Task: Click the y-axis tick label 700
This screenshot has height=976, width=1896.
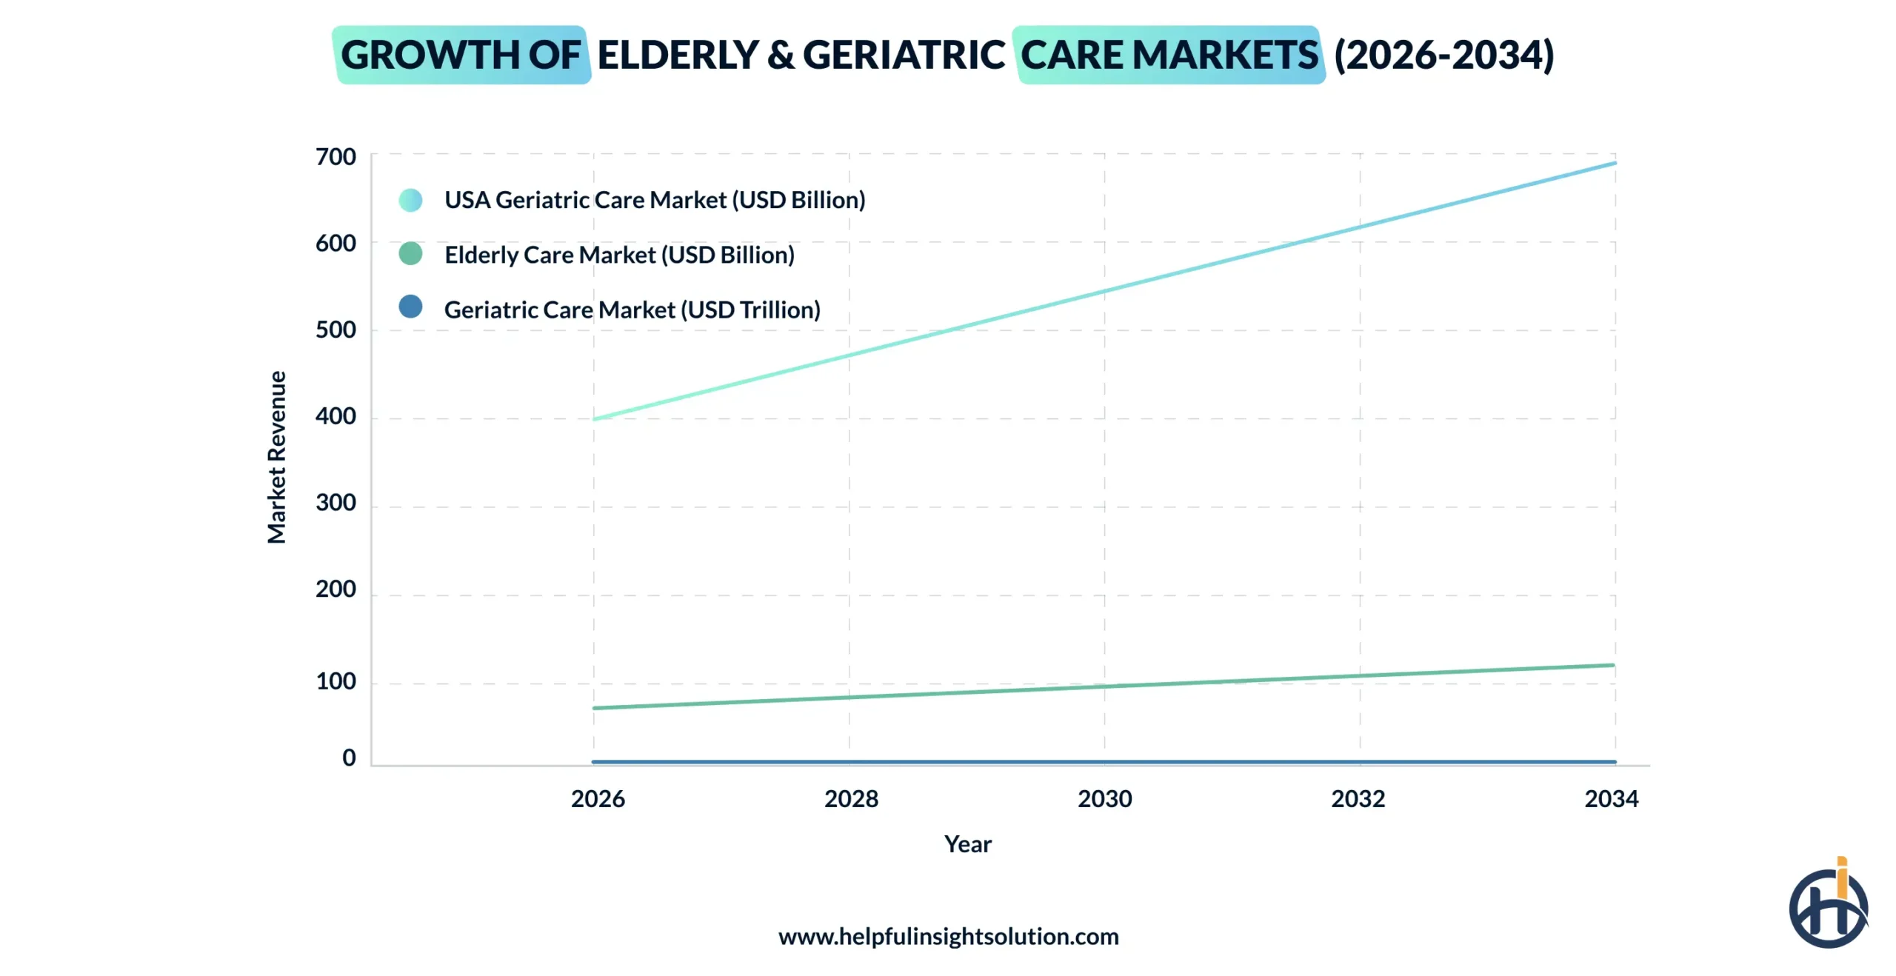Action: [x=336, y=157]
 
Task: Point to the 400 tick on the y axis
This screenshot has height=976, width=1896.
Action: [x=336, y=416]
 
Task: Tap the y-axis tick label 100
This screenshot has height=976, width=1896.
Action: [x=336, y=681]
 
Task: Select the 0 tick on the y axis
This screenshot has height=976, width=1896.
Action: [x=349, y=758]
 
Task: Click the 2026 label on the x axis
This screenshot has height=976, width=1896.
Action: [x=598, y=799]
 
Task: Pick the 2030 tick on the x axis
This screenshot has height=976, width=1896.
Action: [x=1104, y=799]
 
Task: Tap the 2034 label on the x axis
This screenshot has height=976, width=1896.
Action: [x=1611, y=799]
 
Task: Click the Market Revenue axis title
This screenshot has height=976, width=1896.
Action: [x=277, y=458]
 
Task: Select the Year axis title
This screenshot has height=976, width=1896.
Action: [x=967, y=844]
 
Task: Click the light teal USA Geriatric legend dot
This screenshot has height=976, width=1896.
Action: [x=410, y=200]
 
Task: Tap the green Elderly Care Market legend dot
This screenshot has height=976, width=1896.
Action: [x=410, y=254]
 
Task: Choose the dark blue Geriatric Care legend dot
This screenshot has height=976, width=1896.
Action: [x=410, y=307]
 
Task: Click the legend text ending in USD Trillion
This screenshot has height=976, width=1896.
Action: [x=632, y=310]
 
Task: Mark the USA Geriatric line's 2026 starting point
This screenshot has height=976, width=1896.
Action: [x=595, y=419]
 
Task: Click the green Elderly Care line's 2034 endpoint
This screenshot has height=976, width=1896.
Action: [x=1613, y=665]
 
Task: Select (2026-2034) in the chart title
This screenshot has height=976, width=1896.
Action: [x=1443, y=56]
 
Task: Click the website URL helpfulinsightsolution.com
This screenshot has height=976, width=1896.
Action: [x=948, y=937]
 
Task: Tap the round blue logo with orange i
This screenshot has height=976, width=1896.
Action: [x=1828, y=906]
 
